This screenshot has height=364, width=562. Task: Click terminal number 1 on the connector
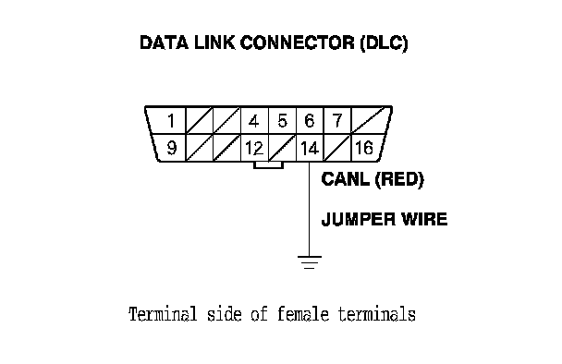coord(171,121)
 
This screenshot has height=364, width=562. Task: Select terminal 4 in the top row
coord(254,121)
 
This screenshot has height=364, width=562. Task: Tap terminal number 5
coord(283,121)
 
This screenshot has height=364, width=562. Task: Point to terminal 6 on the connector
coord(310,121)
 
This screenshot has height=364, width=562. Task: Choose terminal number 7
coord(337,121)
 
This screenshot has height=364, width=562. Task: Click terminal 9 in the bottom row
coord(172,148)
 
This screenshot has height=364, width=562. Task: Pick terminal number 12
coord(254,148)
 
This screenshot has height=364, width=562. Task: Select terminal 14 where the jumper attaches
coord(310,148)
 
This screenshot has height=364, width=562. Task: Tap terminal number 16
coord(364,148)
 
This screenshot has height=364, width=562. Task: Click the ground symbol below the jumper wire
coord(310,262)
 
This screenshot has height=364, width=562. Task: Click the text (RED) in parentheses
coord(399,179)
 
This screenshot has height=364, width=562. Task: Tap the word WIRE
coord(424,219)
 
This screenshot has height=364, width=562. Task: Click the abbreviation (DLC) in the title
coord(385,43)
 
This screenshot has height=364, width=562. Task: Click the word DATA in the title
coord(164,42)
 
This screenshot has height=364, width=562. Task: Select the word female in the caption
coord(303,314)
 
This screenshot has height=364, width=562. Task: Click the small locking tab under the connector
coord(268,165)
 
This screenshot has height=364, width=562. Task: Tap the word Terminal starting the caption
coord(163,314)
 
